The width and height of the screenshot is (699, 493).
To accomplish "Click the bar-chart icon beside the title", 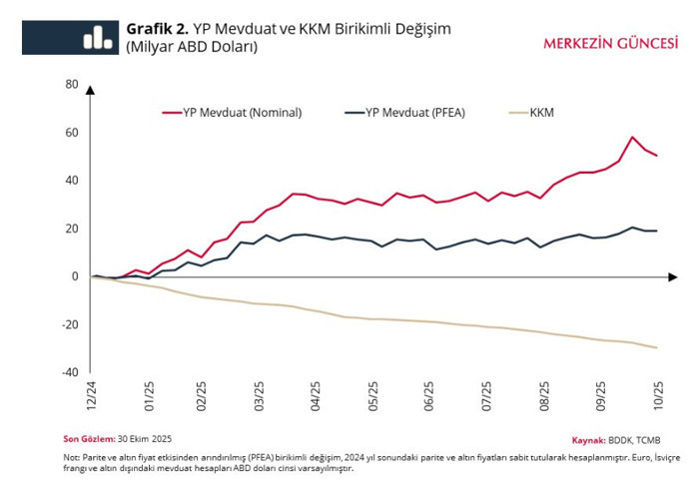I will pyautogui.click(x=97, y=37).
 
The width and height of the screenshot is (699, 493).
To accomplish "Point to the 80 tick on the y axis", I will pyautogui.click(x=72, y=84).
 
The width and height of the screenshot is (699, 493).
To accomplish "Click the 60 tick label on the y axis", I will pyautogui.click(x=72, y=132).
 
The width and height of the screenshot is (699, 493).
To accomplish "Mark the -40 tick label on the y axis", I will pyautogui.click(x=70, y=372).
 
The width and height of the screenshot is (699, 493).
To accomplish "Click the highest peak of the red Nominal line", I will pyautogui.click(x=633, y=137).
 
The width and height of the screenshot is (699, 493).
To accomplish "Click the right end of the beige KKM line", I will pyautogui.click(x=656, y=347).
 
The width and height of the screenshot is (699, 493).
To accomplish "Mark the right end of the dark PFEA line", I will pyautogui.click(x=656, y=231).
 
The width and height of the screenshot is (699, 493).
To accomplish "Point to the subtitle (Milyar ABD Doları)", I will pyautogui.click(x=192, y=47).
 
